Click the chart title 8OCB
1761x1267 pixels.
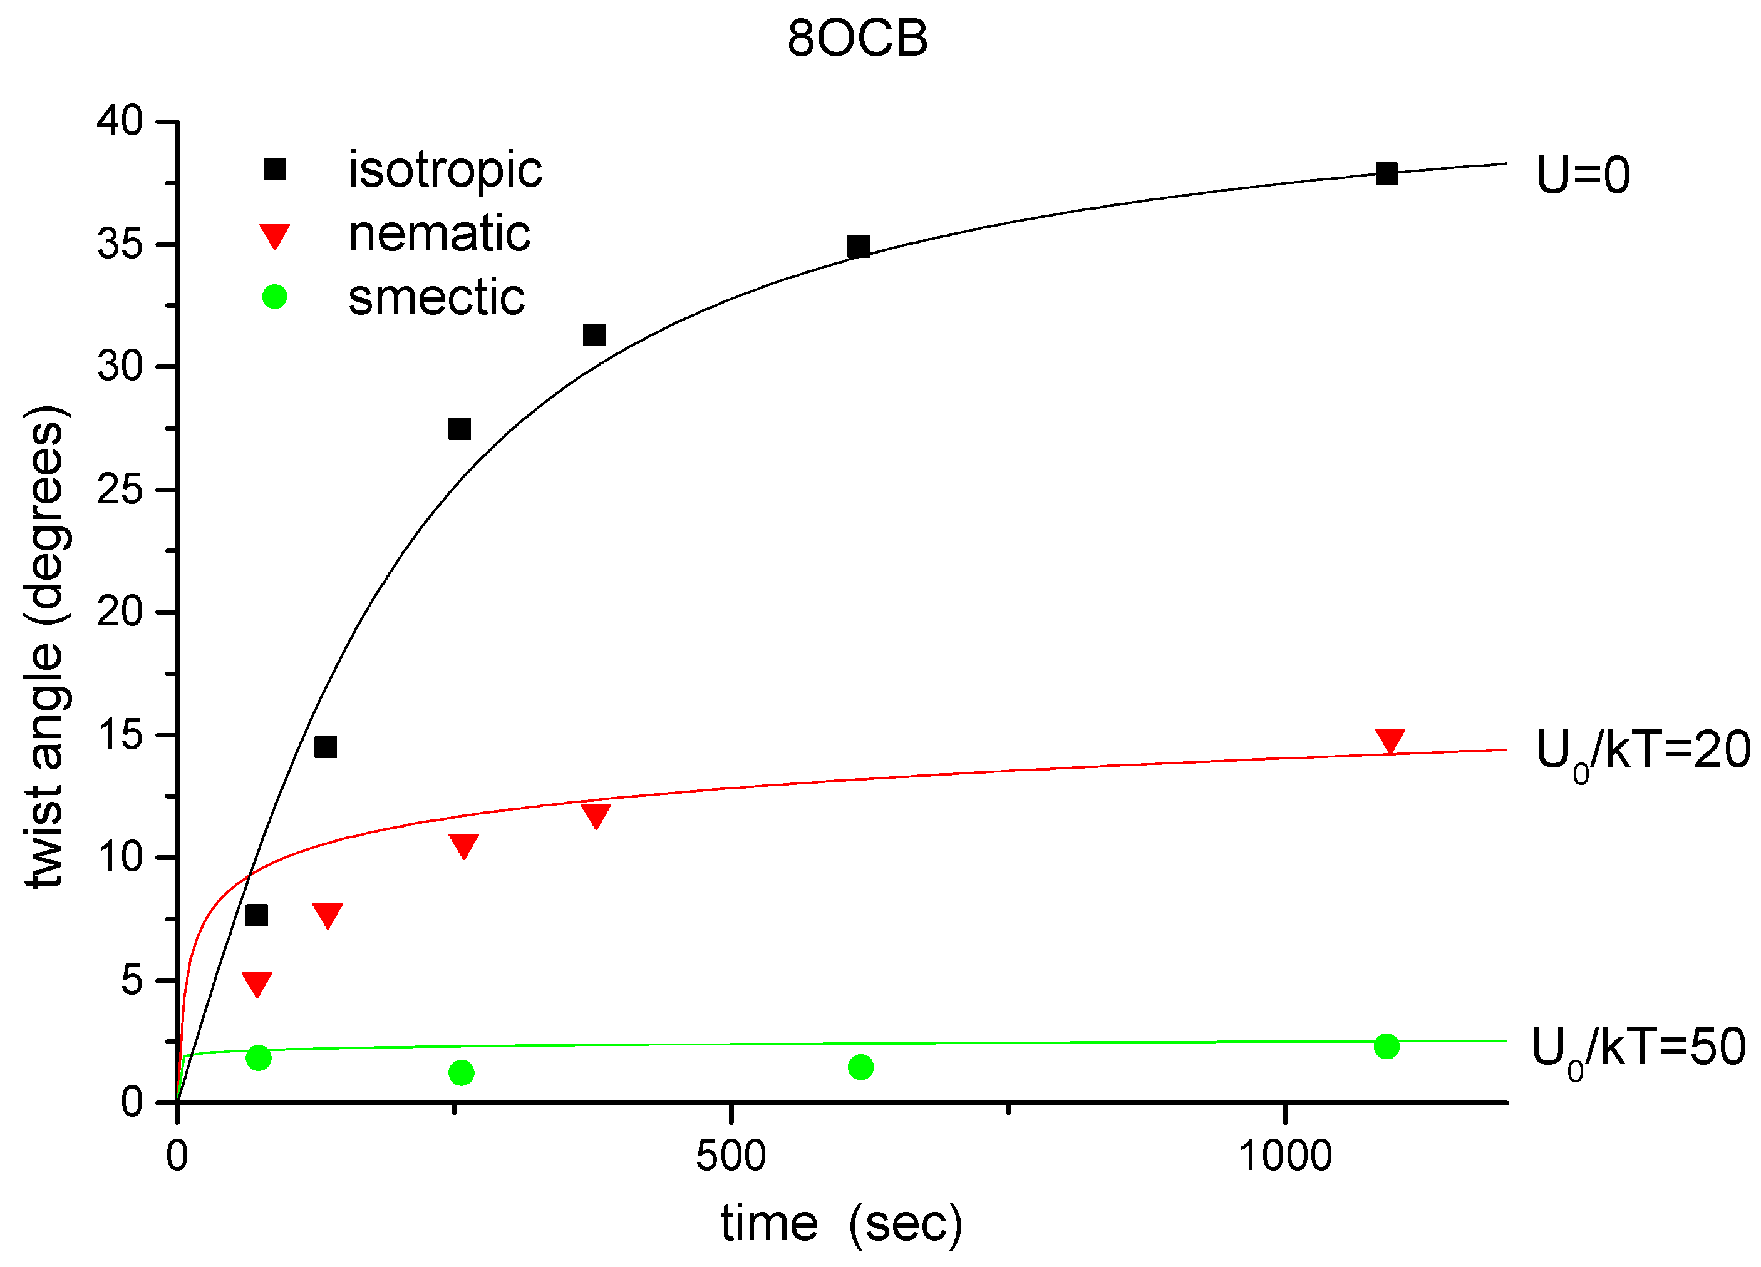pyautogui.click(x=857, y=39)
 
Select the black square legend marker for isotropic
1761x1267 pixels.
pyautogui.click(x=275, y=168)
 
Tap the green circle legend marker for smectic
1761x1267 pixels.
pyautogui.click(x=275, y=297)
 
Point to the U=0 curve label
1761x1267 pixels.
pyautogui.click(x=1583, y=175)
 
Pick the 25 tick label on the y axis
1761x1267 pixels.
pyautogui.click(x=120, y=490)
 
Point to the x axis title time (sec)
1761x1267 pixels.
pyautogui.click(x=842, y=1224)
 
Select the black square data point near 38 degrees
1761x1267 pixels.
pyautogui.click(x=1387, y=173)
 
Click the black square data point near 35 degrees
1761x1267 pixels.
pyautogui.click(x=858, y=247)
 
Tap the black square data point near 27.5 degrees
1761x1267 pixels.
pyautogui.click(x=460, y=429)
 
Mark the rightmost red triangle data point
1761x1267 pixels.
pyautogui.click(x=1390, y=740)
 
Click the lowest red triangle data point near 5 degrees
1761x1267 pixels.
pyautogui.click(x=257, y=983)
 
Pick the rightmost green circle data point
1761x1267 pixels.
pyautogui.click(x=1387, y=1047)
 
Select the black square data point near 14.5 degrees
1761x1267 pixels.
pyautogui.click(x=326, y=747)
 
